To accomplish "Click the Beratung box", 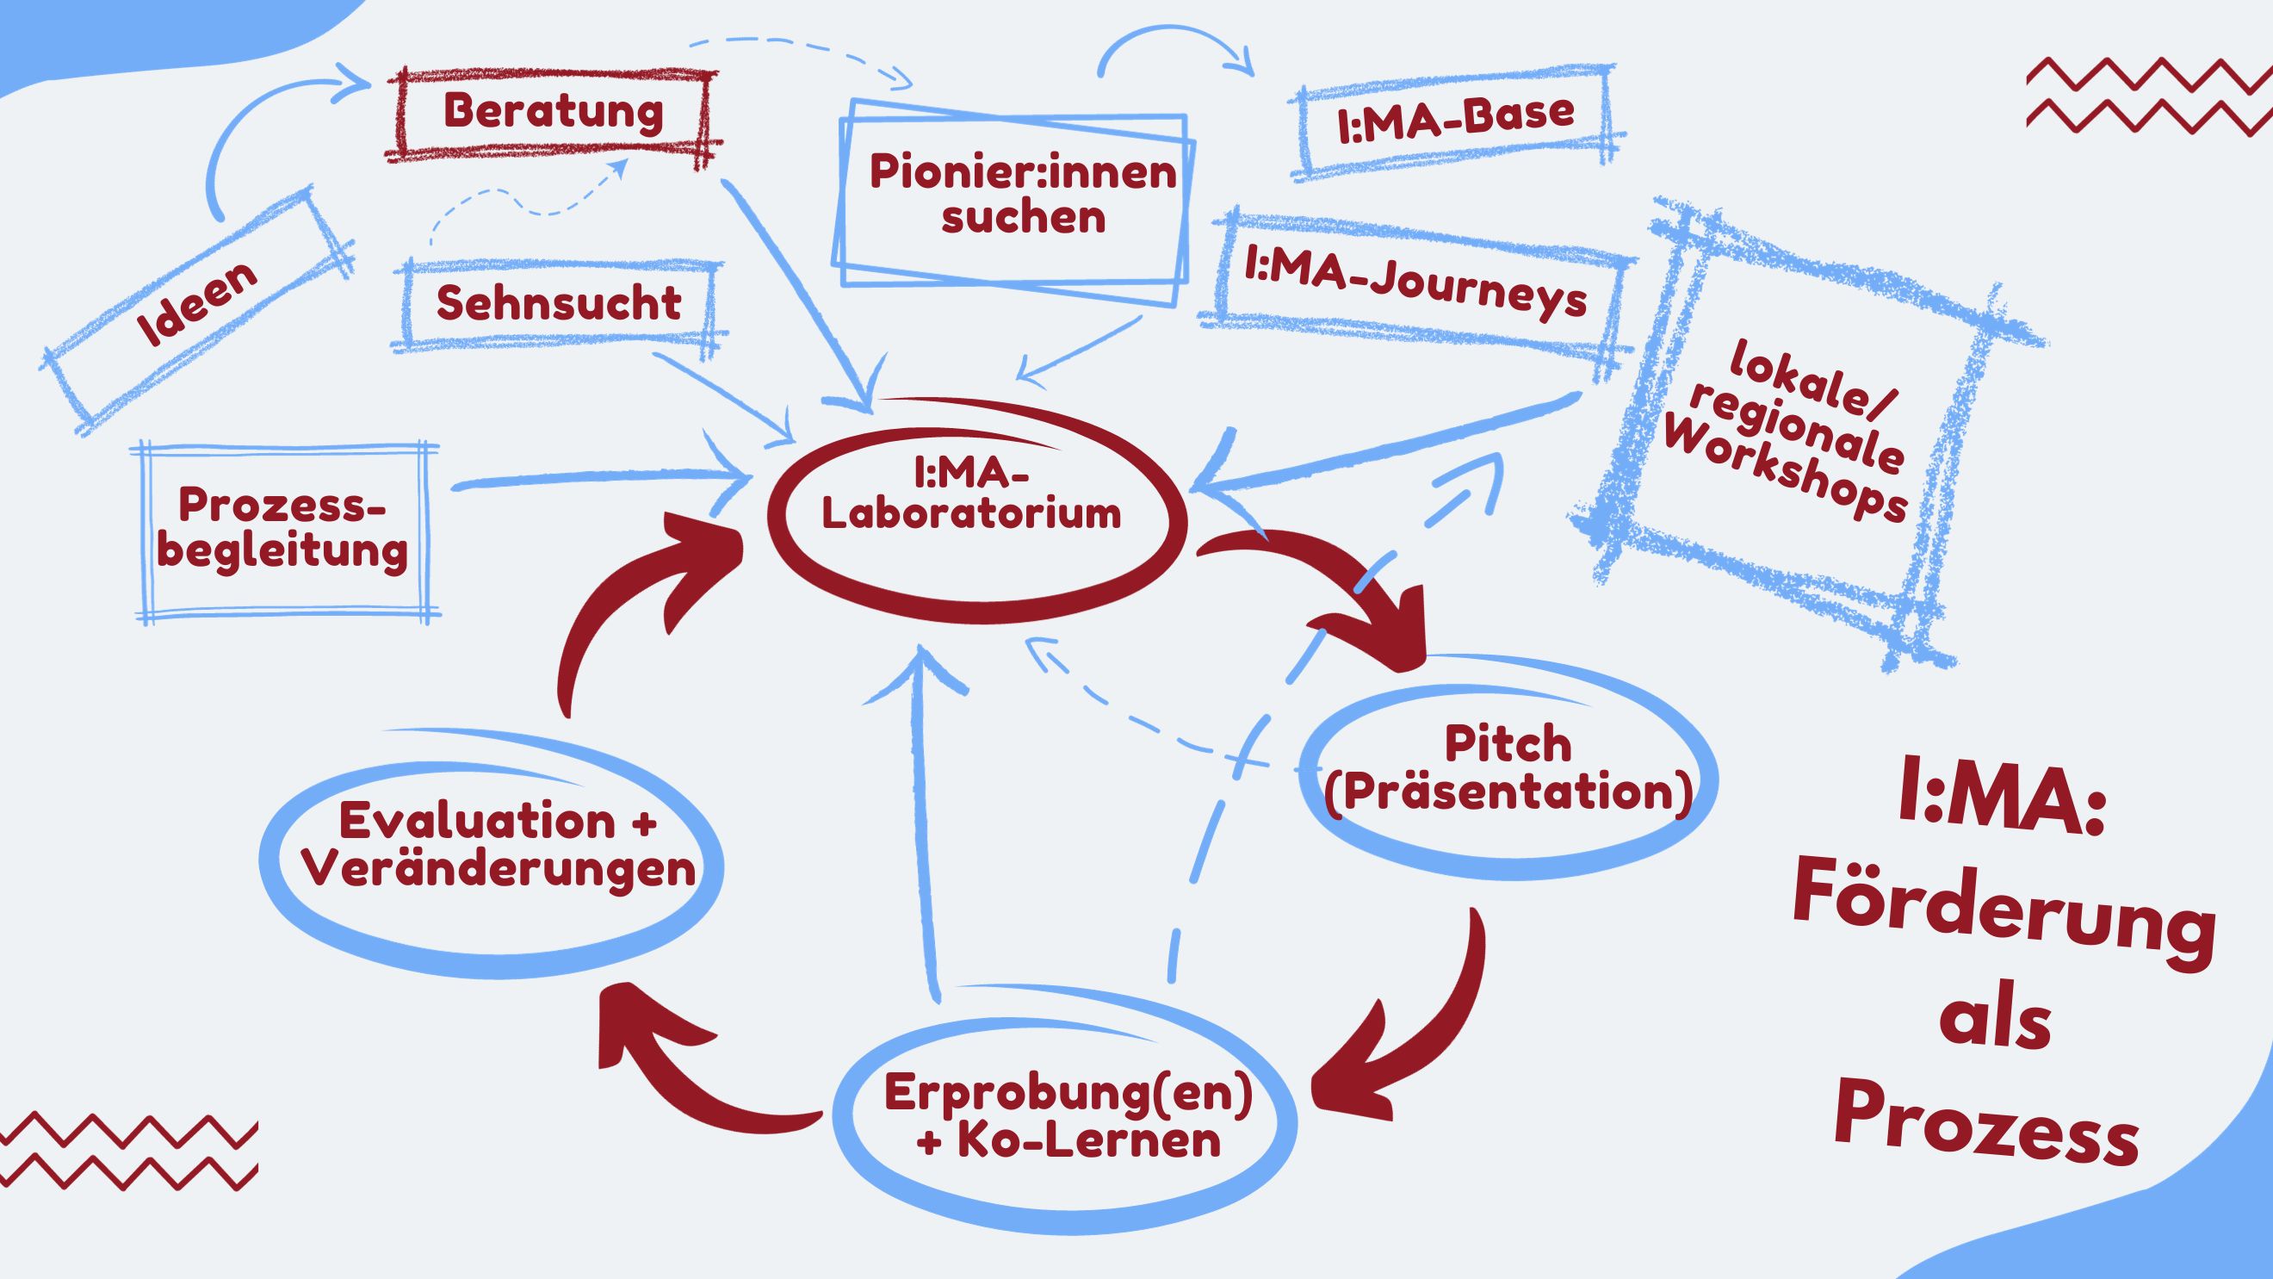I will (554, 113).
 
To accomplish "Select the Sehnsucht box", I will (560, 303).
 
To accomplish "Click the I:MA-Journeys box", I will (1415, 282).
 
